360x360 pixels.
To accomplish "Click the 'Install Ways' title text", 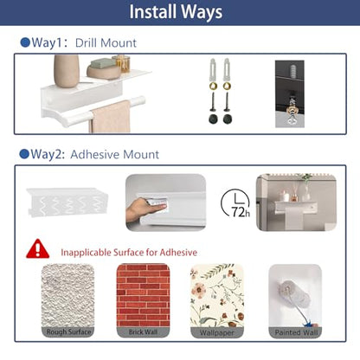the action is pos(176,12).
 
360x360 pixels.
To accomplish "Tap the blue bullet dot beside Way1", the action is pos(25,42).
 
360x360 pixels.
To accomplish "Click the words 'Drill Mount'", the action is pos(106,43).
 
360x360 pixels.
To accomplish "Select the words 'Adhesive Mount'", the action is pos(114,154).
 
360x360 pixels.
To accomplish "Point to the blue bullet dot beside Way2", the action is pos(24,154).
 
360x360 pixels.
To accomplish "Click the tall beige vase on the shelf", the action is pos(67,71).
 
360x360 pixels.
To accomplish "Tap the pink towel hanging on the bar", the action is pos(110,117).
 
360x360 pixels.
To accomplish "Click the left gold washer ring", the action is pos(213,86).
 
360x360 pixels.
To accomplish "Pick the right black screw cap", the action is pos(228,119).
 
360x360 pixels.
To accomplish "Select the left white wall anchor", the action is pos(213,69).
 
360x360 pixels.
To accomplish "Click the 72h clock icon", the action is pos(235,202).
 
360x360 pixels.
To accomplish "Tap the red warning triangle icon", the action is pos(38,249).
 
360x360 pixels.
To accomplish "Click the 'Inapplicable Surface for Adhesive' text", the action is pos(129,253).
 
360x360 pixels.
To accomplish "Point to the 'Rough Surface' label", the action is pos(68,332).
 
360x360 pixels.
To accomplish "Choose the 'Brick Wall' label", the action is pos(143,332).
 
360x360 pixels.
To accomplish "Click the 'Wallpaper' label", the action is pos(217,332).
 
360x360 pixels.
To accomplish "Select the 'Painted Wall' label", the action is pos(296,332).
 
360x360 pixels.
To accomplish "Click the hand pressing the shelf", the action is pos(145,209).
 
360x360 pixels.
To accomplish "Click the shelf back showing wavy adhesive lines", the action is pos(67,202).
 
